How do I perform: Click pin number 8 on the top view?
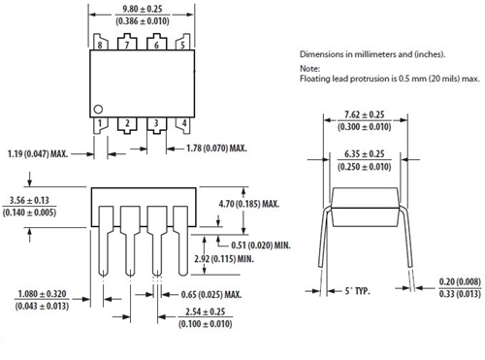click(100, 44)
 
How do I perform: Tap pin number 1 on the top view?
click(100, 124)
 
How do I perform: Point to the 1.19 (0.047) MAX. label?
click(44, 152)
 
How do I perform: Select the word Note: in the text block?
click(309, 68)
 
